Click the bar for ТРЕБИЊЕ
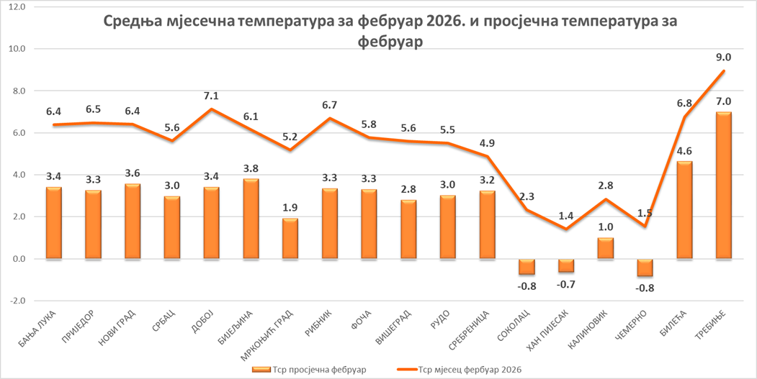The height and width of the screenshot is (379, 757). point(724,186)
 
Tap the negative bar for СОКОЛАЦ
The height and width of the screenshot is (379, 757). point(527,267)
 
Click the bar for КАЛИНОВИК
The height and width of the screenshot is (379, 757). point(606,248)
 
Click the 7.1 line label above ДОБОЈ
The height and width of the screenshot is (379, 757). point(211,95)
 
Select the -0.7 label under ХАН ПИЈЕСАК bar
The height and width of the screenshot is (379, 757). point(566,286)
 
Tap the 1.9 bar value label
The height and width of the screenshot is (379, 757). point(290,207)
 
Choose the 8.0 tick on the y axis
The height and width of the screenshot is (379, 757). point(17,91)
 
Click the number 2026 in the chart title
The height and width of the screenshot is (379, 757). point(439,22)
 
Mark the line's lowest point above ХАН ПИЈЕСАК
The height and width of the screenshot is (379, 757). point(566,229)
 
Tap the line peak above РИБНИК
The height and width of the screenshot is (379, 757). point(329,118)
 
